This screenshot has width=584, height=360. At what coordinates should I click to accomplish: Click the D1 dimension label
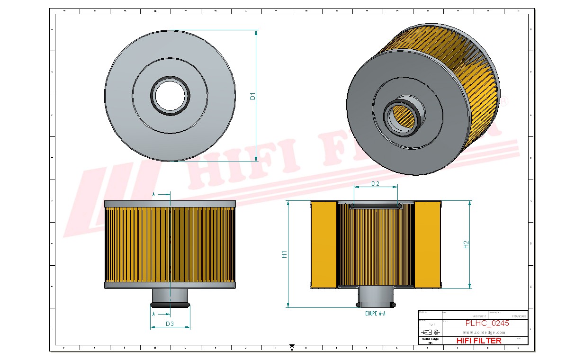252,96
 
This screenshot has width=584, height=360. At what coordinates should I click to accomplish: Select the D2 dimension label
375,184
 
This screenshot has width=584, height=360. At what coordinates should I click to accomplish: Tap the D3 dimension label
170,324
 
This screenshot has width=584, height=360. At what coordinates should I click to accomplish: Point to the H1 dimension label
284,254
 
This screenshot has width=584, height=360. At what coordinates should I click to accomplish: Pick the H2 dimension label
466,244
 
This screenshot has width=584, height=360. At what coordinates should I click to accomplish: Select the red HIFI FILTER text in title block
478,341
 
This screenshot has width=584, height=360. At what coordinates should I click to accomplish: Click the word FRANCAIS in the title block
519,316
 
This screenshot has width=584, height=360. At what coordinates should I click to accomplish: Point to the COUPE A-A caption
375,314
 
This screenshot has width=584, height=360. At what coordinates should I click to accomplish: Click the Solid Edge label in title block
430,339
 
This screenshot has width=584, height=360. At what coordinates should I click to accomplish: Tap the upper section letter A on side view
153,194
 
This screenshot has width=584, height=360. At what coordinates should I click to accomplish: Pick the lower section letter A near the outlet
153,314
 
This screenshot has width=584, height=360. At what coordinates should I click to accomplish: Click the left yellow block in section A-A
323,244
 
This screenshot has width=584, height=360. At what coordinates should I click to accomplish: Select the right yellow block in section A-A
428,244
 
